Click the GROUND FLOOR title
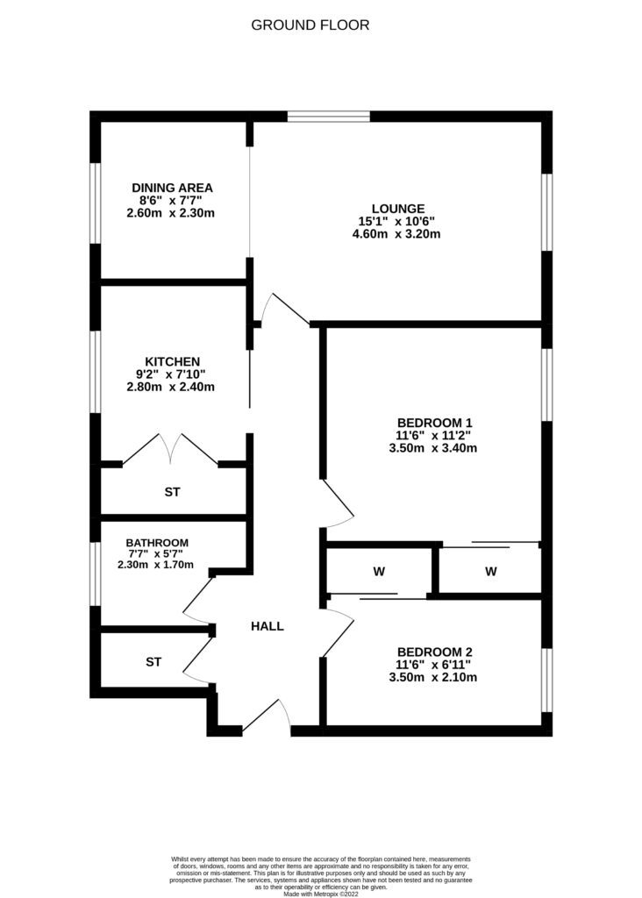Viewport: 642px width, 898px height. click(310, 25)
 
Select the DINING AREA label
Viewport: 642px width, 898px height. click(173, 188)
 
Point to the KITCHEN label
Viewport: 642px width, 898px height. click(173, 361)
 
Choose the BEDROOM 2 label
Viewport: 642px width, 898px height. click(435, 652)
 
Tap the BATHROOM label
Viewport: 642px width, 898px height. click(157, 543)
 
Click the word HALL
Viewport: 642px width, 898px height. click(267, 626)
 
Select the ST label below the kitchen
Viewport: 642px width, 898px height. click(172, 493)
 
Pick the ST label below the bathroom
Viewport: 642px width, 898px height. click(153, 662)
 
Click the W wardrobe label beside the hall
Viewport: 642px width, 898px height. click(380, 573)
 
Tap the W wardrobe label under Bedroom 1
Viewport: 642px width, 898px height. click(491, 573)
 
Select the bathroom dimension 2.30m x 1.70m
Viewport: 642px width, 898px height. click(156, 565)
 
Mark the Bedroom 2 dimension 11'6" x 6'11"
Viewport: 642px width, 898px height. click(435, 665)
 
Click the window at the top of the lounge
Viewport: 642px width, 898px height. click(329, 116)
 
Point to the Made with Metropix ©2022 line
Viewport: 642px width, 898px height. click(321, 894)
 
